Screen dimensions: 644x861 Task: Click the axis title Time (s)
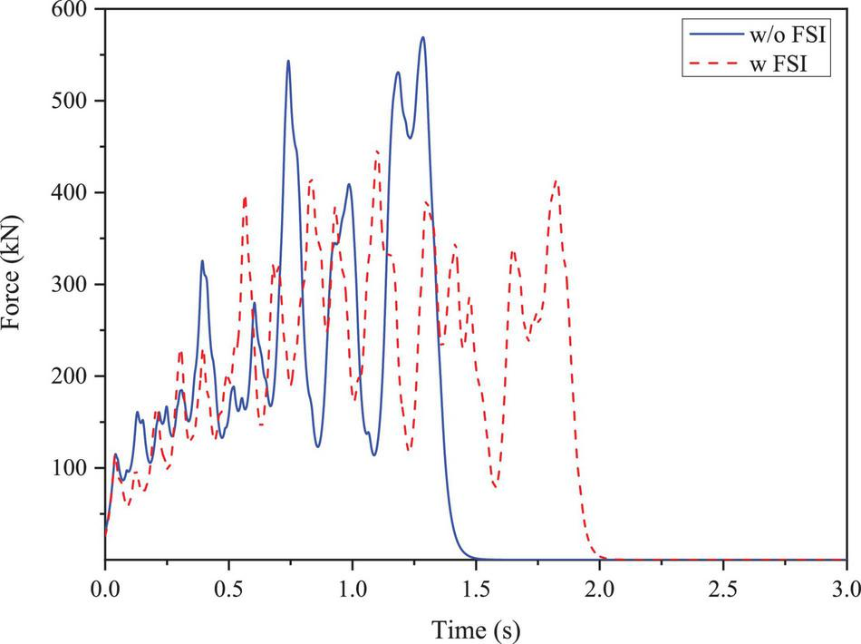point(475,626)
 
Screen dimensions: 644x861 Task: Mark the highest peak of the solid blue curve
point(422,37)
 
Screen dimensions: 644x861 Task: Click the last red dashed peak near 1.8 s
point(556,181)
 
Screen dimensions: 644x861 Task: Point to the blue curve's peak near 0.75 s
point(288,61)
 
